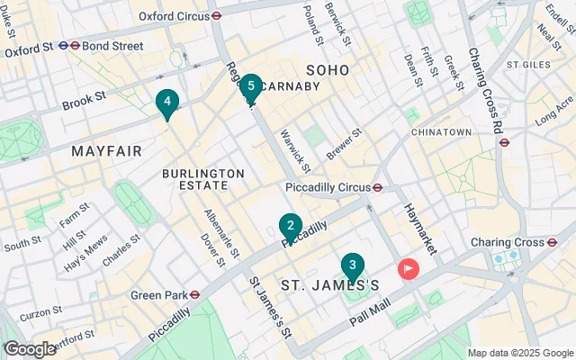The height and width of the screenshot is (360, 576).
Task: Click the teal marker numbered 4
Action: click(x=166, y=103)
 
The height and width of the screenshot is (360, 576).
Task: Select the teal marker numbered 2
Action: click(x=290, y=226)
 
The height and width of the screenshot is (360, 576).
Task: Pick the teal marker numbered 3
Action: click(x=353, y=266)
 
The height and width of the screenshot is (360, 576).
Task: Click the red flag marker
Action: click(x=409, y=268)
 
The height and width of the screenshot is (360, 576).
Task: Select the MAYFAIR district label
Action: click(x=106, y=151)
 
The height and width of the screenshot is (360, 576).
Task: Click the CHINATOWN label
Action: click(x=441, y=132)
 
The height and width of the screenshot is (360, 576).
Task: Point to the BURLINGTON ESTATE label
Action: click(x=203, y=178)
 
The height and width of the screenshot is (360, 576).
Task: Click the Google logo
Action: click(x=30, y=349)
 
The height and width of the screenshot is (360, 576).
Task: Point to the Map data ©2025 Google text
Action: click(x=519, y=353)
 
